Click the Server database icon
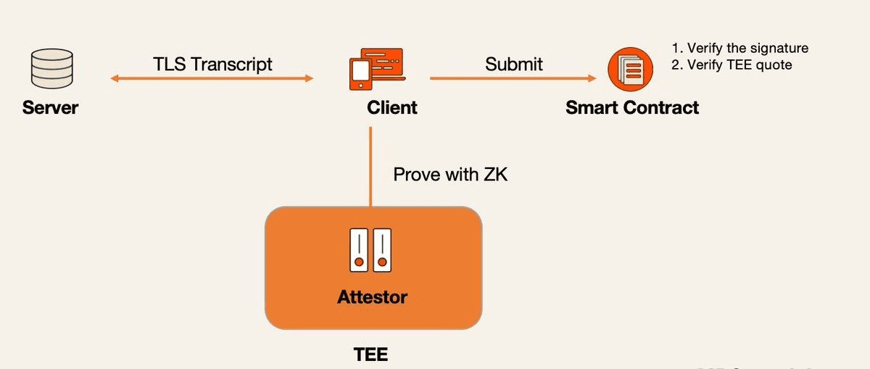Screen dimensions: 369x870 click(x=50, y=68)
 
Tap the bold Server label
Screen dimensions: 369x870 click(x=50, y=109)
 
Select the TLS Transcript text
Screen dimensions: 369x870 click(x=212, y=64)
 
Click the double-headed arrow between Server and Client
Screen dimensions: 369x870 click(x=212, y=78)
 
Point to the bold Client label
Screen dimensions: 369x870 click(x=391, y=108)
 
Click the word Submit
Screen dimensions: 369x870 click(x=514, y=64)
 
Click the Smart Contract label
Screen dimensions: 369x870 click(x=632, y=108)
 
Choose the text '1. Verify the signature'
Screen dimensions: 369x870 click(x=740, y=49)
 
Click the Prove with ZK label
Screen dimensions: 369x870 click(x=450, y=175)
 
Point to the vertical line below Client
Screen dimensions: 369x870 click(x=370, y=167)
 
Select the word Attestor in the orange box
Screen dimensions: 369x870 click(x=373, y=297)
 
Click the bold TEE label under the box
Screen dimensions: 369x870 click(x=370, y=355)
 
